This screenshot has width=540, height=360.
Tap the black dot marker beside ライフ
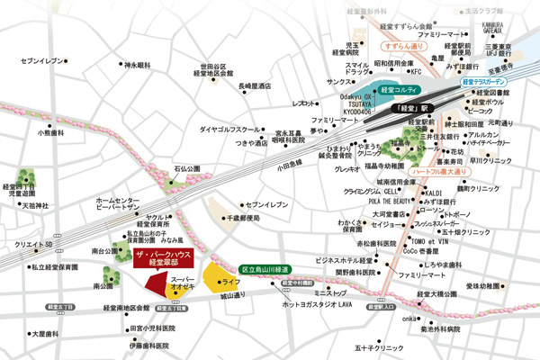(x=212, y=281)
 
